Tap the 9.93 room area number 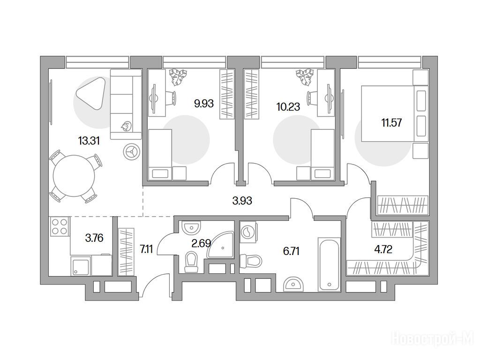click(x=204, y=104)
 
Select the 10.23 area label click(x=288, y=107)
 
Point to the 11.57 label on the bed click(x=391, y=123)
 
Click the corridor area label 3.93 click(x=242, y=201)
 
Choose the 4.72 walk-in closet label click(x=383, y=249)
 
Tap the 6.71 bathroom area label click(x=292, y=251)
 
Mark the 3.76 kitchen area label click(x=94, y=238)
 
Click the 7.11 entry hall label click(x=146, y=249)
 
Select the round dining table click(x=74, y=176)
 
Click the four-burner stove click(x=60, y=226)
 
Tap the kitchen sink click(x=81, y=266)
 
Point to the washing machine click(x=248, y=232)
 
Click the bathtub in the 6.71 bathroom click(x=329, y=264)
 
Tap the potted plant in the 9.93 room click(x=178, y=77)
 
